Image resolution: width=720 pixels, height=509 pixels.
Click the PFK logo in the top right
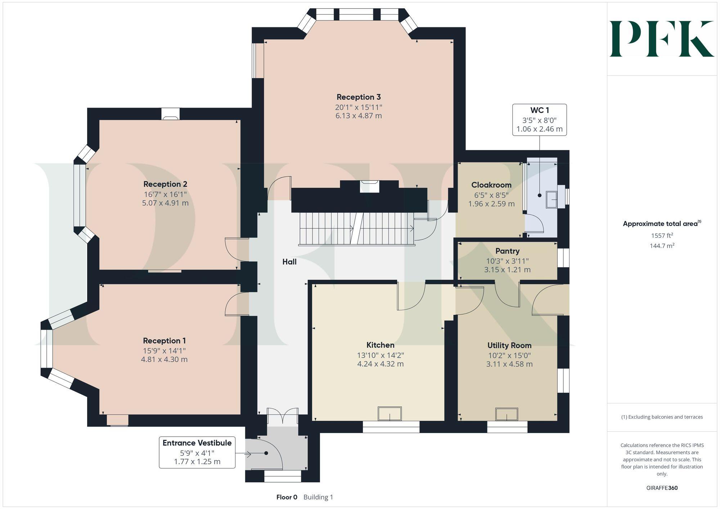[x=662, y=39]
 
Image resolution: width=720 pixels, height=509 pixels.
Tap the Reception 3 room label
[x=359, y=97]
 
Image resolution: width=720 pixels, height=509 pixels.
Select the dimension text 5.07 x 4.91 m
[x=165, y=203]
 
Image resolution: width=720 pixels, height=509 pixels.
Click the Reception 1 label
[x=164, y=341]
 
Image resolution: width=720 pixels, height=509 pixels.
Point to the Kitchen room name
[x=380, y=345]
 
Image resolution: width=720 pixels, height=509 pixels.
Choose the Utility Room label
[x=509, y=345]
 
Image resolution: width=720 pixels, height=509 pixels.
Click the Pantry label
[x=507, y=251]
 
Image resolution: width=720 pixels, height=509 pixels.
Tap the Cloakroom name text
[x=491, y=185]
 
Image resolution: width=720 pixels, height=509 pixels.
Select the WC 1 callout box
[x=539, y=120]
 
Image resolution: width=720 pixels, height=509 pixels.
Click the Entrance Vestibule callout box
[x=197, y=452]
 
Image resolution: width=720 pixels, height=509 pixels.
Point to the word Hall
[x=289, y=262]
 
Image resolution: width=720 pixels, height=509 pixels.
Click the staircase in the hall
[x=356, y=228]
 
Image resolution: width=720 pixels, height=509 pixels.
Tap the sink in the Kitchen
[x=390, y=414]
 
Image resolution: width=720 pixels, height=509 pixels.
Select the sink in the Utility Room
[x=507, y=414]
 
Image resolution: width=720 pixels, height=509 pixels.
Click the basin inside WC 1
[x=552, y=200]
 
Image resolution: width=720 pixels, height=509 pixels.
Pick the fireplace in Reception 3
[x=370, y=187]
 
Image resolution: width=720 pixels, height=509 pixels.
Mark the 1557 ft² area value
[x=662, y=236]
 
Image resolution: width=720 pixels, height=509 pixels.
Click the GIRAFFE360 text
[x=662, y=488]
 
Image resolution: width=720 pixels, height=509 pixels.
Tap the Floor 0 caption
[x=287, y=497]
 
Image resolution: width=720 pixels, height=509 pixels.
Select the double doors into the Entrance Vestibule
[x=283, y=416]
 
